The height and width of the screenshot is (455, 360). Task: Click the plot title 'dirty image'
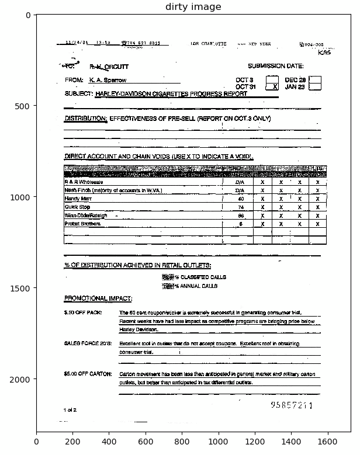193,7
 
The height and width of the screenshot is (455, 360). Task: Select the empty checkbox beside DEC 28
314,79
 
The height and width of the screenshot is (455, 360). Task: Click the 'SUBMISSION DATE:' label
275,67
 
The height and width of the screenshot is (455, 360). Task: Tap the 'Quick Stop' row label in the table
77,207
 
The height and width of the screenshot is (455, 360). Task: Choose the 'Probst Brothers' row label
82,224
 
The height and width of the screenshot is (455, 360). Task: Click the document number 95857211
291,405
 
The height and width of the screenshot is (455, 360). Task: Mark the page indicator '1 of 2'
70,410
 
